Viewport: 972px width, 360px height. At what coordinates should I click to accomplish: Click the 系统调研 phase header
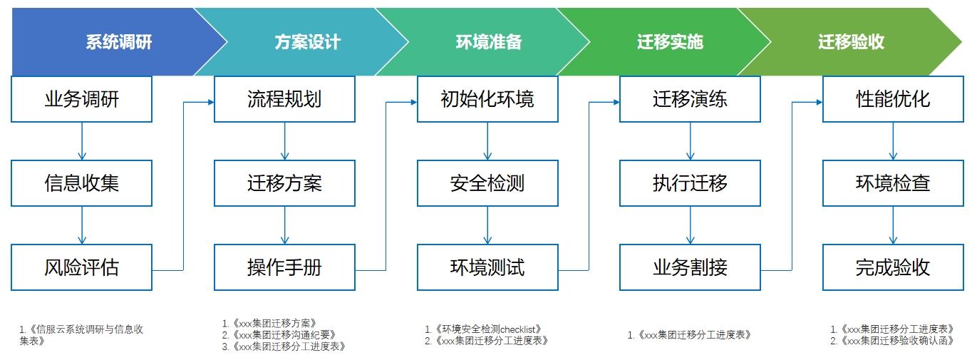pyautogui.click(x=118, y=42)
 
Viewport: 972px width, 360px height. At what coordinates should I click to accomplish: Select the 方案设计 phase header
pyautogui.click(x=307, y=42)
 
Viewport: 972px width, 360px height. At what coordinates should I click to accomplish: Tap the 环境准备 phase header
pyautogui.click(x=488, y=42)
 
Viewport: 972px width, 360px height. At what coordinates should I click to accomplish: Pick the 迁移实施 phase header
pyautogui.click(x=670, y=42)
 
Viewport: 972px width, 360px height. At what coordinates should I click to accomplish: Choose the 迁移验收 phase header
pyautogui.click(x=851, y=42)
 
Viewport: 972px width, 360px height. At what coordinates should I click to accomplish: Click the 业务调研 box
pyautogui.click(x=82, y=99)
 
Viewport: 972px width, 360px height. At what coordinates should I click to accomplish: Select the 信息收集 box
pyautogui.click(x=82, y=183)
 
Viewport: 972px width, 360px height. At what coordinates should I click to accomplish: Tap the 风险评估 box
pyautogui.click(x=82, y=267)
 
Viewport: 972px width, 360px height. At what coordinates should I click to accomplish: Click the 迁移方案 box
pyautogui.click(x=284, y=183)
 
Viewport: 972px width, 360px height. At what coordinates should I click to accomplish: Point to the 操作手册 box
pyautogui.click(x=284, y=267)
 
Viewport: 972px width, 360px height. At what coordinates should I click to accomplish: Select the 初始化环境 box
pyautogui.click(x=487, y=99)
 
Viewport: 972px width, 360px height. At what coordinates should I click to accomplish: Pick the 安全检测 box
pyautogui.click(x=487, y=183)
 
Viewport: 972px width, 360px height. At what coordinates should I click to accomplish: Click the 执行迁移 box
pyautogui.click(x=690, y=183)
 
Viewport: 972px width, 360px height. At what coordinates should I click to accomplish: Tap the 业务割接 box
pyautogui.click(x=690, y=267)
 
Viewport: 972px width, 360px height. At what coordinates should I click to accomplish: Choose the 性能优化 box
pyautogui.click(x=893, y=99)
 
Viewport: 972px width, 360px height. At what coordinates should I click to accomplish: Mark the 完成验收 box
pyautogui.click(x=893, y=267)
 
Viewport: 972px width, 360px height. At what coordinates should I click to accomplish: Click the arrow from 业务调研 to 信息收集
pyautogui.click(x=82, y=140)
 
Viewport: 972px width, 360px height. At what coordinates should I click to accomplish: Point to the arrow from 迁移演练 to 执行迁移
pyautogui.click(x=690, y=140)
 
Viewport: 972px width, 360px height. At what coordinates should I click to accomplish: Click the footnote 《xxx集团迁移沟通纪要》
pyautogui.click(x=283, y=334)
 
